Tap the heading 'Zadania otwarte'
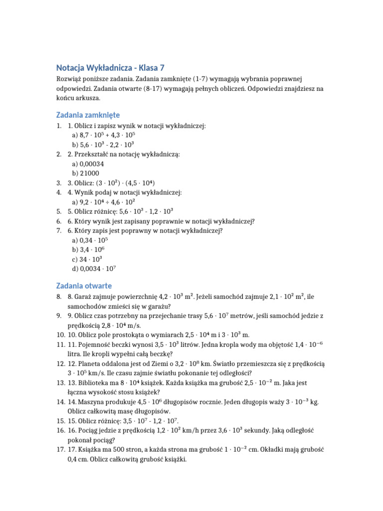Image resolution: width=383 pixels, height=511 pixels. coord(84,286)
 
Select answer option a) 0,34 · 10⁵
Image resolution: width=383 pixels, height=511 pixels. coord(90,240)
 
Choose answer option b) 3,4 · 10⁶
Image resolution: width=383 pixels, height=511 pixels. coord(88,250)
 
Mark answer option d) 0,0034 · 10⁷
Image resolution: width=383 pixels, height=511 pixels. coord(94,268)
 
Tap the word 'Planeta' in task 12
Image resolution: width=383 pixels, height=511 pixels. coord(92,364)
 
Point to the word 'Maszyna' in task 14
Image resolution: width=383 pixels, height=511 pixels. coord(93,402)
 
